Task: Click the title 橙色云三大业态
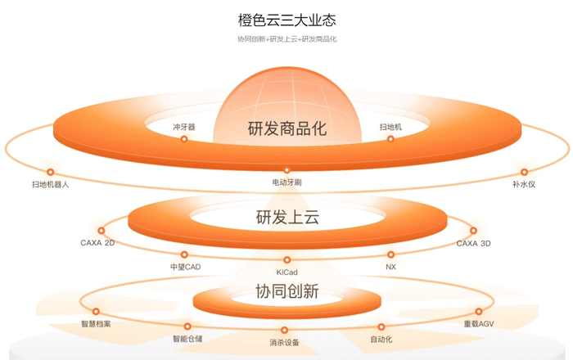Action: (286, 18)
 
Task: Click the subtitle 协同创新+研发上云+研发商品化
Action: (286, 39)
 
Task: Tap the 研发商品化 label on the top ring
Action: (286, 128)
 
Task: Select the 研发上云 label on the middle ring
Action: (286, 218)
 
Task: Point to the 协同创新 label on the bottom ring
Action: (286, 291)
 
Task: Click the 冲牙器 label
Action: (183, 128)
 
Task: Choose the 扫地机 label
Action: (390, 128)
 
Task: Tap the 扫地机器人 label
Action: (50, 184)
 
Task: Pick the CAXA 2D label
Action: (97, 243)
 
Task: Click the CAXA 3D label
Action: (474, 243)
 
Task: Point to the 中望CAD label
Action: (185, 267)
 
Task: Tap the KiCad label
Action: (286, 270)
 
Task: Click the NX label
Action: (390, 267)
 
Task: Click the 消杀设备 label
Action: (286, 342)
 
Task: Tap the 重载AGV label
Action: (479, 324)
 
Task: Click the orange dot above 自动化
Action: (381, 326)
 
